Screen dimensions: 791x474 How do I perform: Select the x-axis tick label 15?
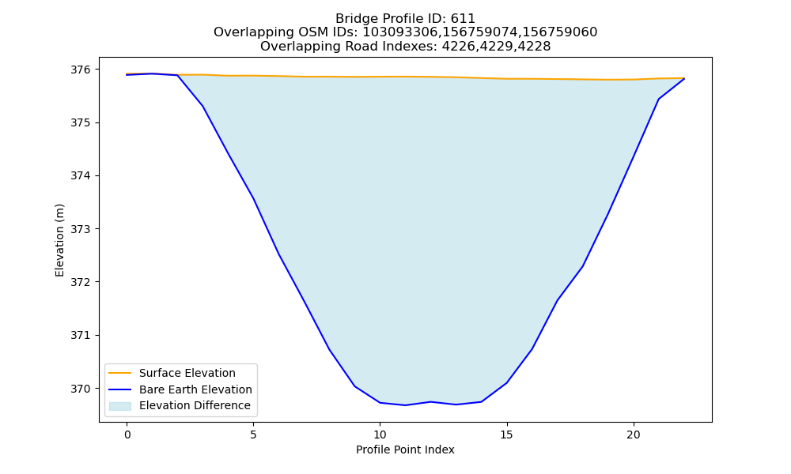pos(506,434)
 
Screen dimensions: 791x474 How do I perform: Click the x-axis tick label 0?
pos(127,434)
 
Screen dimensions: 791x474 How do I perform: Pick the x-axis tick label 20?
pos(633,434)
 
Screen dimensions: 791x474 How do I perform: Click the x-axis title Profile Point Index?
pos(405,450)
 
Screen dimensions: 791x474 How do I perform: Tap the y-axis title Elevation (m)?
pos(59,240)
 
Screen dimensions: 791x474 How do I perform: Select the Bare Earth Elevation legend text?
pos(195,389)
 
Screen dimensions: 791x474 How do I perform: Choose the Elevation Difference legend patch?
pos(120,406)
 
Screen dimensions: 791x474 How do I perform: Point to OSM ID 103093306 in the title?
pos(400,32)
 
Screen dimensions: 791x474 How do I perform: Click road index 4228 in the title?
pos(534,47)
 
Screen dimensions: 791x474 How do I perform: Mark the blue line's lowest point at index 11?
pos(405,405)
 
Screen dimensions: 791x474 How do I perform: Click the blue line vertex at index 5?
pos(253,198)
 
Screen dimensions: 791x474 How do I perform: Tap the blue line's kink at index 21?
pos(658,100)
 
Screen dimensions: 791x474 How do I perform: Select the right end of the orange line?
pos(684,78)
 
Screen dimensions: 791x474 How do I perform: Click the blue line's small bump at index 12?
pos(430,401)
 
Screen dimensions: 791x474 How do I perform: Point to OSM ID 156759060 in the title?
pos(560,32)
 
